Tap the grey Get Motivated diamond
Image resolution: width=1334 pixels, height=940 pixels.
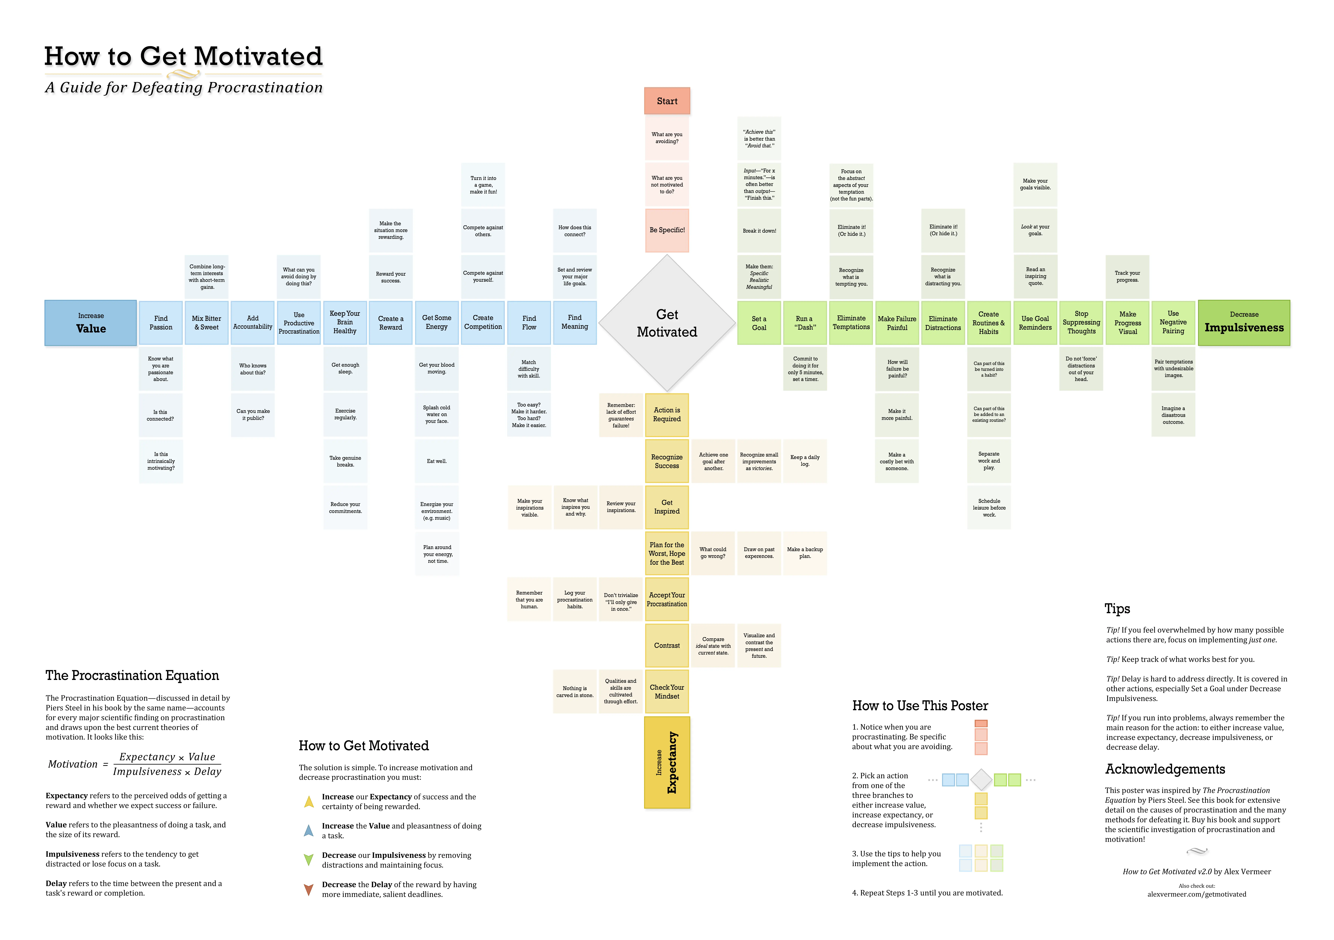click(x=667, y=323)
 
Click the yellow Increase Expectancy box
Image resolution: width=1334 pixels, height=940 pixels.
click(x=667, y=762)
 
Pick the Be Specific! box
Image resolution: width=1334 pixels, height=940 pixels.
click(x=667, y=230)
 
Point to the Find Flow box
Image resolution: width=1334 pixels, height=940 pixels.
click(x=529, y=323)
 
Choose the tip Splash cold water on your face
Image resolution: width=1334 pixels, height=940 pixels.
click(x=437, y=414)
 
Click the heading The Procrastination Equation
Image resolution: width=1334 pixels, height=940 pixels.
click(x=132, y=675)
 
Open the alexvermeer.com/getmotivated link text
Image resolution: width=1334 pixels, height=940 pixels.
click(x=1196, y=894)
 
